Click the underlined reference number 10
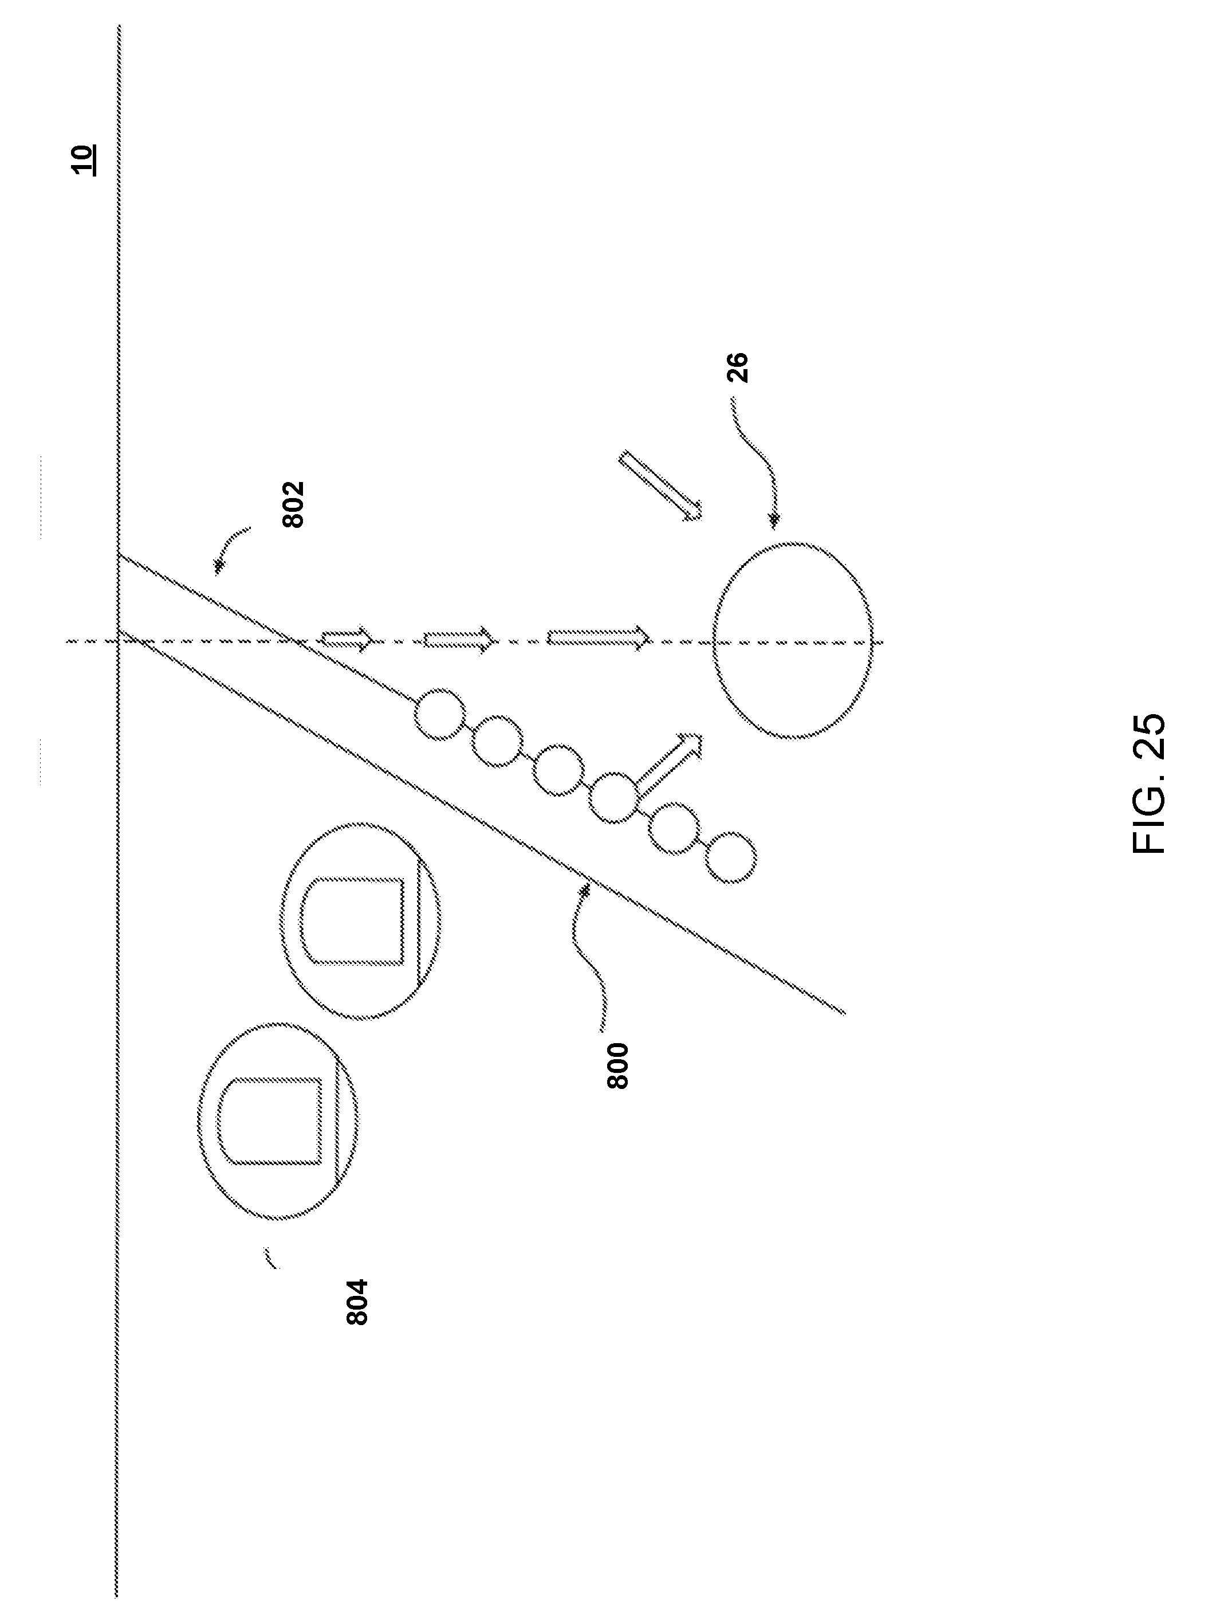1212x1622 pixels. pos(83,159)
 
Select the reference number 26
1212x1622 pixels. pos(739,367)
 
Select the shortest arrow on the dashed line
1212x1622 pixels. pos(347,640)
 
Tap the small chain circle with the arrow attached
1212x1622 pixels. pos(613,798)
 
